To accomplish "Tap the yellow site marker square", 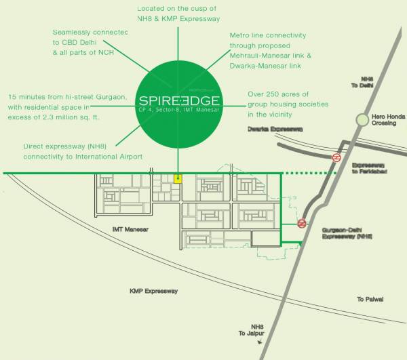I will [x=178, y=179].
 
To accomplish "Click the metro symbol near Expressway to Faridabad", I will [x=336, y=157].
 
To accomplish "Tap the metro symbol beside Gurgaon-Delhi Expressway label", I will [x=302, y=223].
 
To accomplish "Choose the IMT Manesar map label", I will [x=130, y=230].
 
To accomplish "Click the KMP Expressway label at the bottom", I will [x=153, y=291].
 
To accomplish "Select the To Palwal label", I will [x=370, y=299].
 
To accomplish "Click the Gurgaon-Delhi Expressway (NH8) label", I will [x=346, y=234].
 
